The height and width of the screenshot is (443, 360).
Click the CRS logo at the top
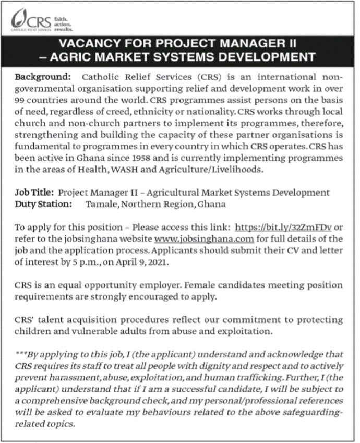click(x=42, y=20)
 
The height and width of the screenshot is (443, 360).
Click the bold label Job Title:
click(x=34, y=193)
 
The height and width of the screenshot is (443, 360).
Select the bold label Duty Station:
click(x=43, y=204)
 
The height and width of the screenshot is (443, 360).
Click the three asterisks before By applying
click(x=21, y=354)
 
